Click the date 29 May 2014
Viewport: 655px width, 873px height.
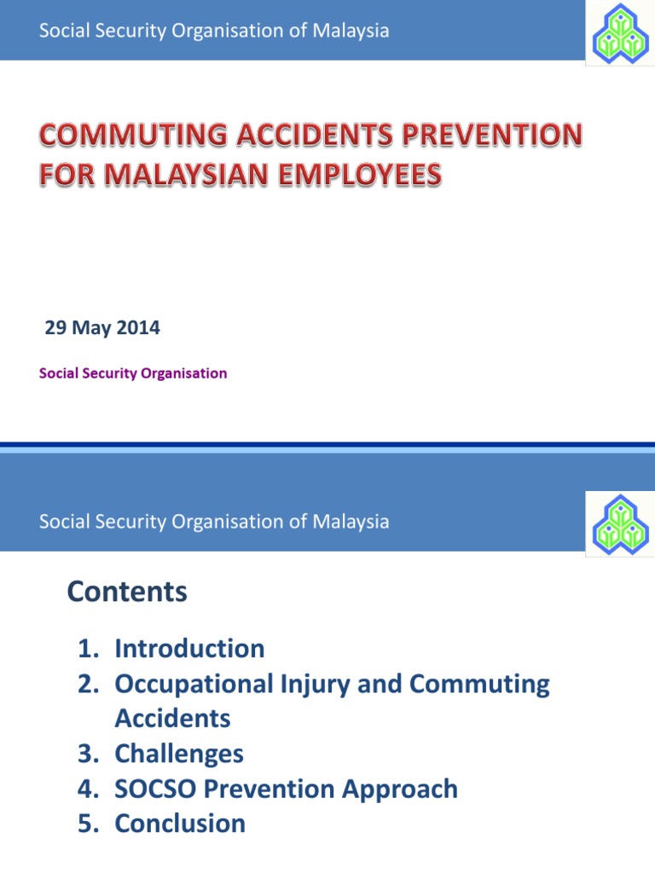[102, 327]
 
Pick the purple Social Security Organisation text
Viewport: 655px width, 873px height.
[134, 373]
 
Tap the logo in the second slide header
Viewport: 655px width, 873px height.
[619, 521]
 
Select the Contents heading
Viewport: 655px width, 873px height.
[127, 592]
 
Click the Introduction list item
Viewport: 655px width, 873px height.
[189, 649]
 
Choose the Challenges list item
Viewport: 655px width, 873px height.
[179, 754]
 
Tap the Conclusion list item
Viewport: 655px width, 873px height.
[180, 824]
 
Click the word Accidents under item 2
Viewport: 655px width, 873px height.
[172, 719]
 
